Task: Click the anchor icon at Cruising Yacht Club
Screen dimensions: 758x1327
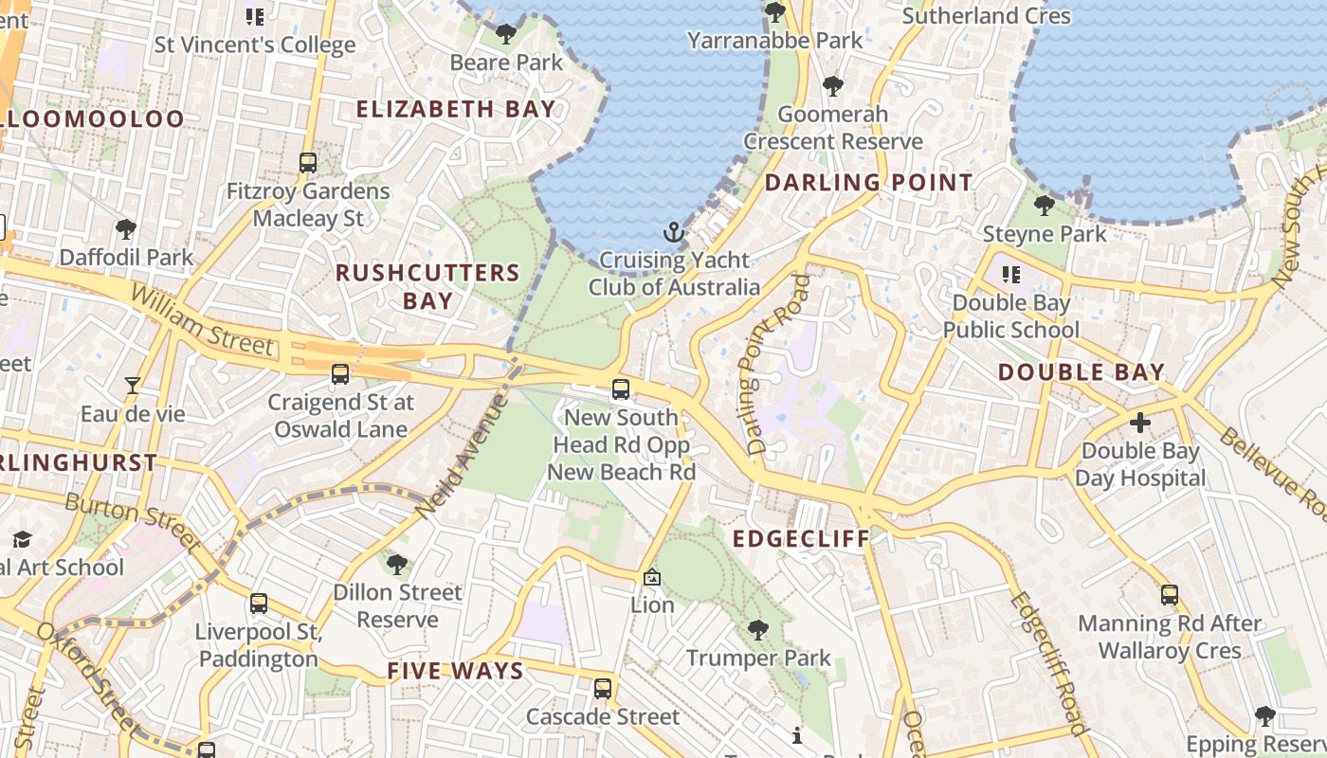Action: coord(673,232)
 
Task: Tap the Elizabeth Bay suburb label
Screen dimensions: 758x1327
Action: coord(455,109)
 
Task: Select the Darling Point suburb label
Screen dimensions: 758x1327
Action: coord(868,182)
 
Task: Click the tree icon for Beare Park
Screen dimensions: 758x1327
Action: coord(506,35)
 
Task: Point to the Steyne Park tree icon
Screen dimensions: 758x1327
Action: coord(1045,205)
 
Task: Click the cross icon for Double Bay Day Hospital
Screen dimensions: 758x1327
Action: coord(1139,422)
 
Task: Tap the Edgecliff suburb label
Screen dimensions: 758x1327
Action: coord(801,539)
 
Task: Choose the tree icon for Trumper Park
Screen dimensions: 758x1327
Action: coord(757,629)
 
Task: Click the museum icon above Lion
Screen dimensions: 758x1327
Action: coord(652,576)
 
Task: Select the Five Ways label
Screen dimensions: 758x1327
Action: coord(455,672)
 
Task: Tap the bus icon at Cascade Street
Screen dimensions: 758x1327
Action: coord(603,689)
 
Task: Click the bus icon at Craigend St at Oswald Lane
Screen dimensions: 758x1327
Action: coord(340,374)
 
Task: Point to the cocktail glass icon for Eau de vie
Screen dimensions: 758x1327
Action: coord(133,386)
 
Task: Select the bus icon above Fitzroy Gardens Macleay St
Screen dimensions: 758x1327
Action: coord(308,162)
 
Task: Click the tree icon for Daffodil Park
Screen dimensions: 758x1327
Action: coord(125,228)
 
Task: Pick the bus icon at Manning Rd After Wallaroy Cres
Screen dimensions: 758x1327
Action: coord(1170,595)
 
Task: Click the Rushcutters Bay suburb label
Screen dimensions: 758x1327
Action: coord(427,286)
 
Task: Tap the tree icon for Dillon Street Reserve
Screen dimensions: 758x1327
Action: coord(397,565)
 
